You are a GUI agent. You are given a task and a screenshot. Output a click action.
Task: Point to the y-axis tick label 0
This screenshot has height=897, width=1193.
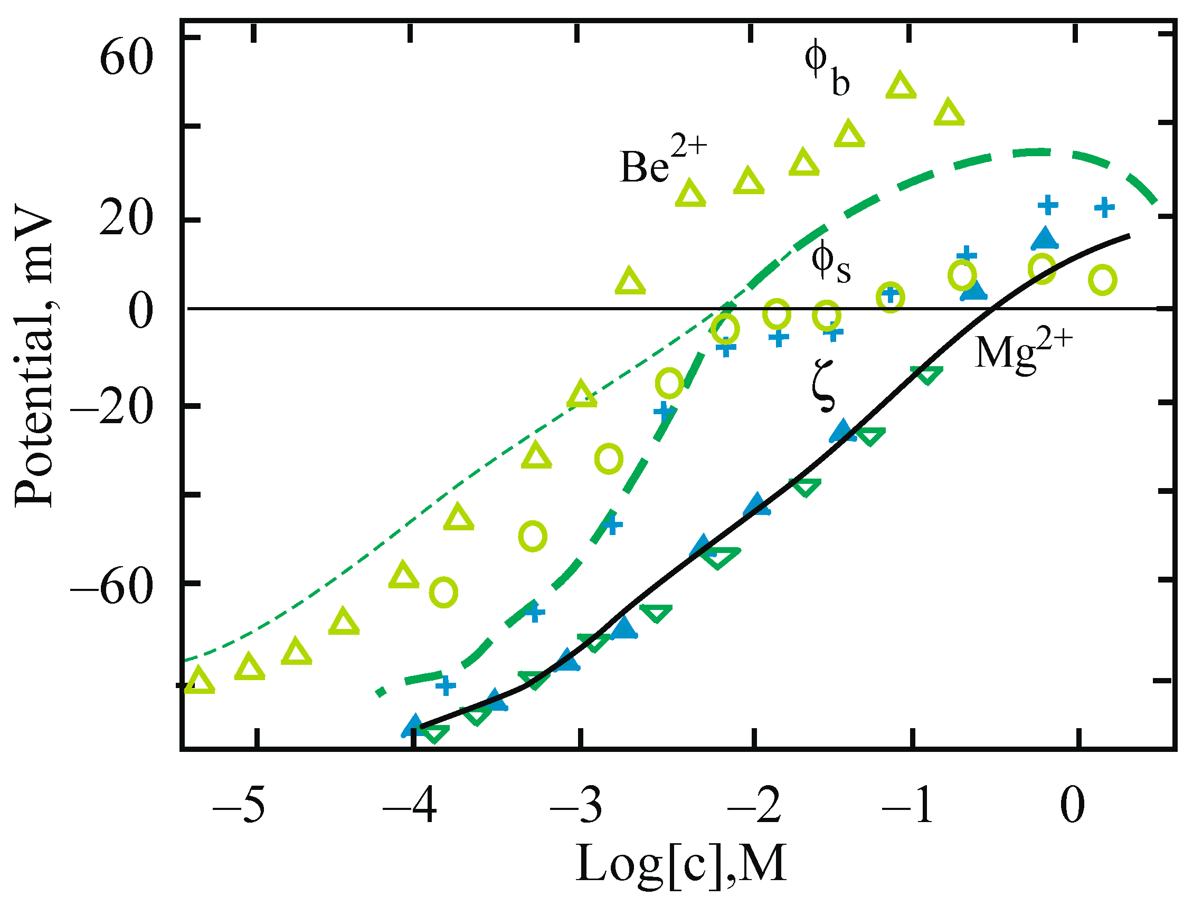[x=141, y=312]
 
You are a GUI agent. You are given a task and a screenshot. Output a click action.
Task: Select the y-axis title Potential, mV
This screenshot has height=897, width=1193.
[x=34, y=356]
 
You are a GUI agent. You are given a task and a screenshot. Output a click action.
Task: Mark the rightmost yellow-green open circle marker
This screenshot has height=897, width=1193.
[x=1102, y=280]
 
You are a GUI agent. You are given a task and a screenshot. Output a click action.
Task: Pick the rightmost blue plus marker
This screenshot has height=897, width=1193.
[x=1104, y=207]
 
